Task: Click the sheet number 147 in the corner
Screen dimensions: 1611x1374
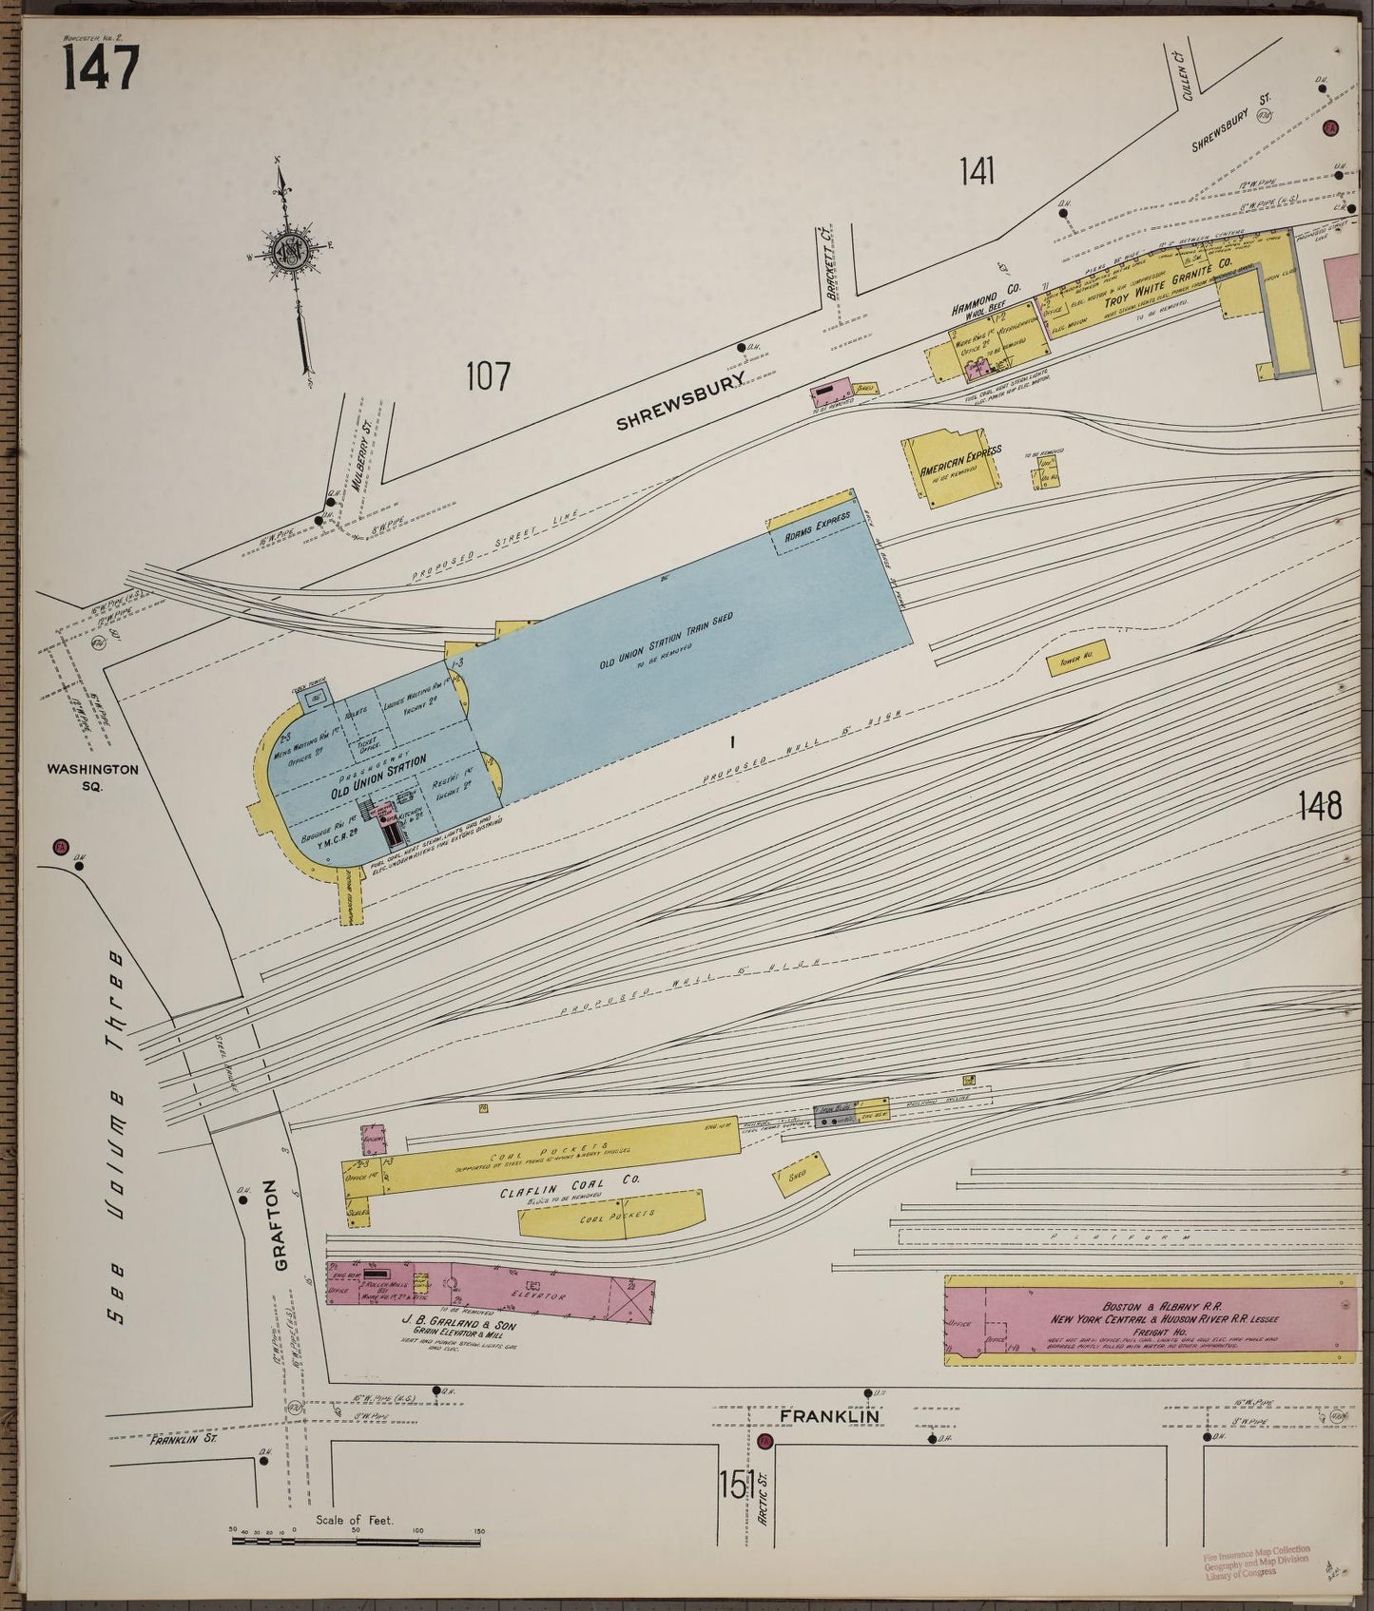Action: pos(102,68)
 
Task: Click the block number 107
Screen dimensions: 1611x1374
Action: pos(488,377)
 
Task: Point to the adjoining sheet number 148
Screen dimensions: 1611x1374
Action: pos(1320,806)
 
